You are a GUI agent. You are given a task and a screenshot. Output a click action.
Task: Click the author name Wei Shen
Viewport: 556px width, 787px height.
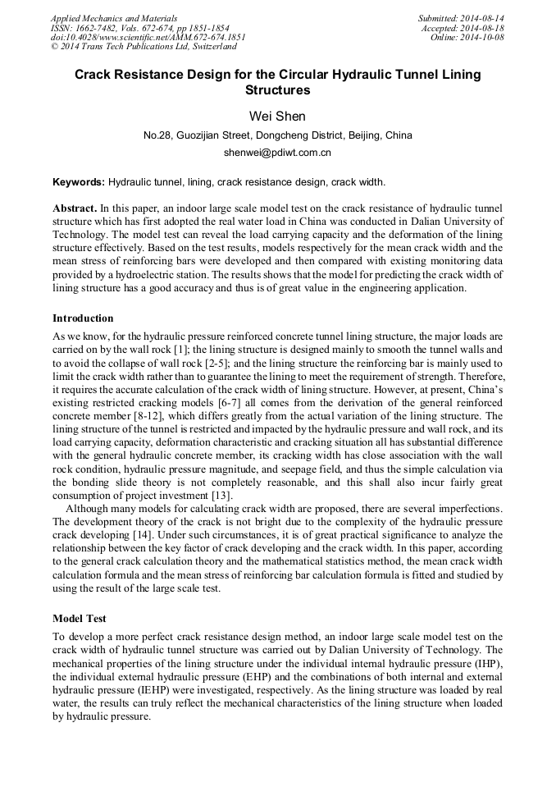point(277,116)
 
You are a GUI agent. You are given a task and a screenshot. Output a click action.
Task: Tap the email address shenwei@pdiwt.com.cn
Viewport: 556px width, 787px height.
point(277,153)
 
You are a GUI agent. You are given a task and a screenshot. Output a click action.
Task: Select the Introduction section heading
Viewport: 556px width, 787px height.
point(83,318)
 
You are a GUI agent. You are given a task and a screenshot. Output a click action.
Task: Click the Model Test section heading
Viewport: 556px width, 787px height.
point(80,618)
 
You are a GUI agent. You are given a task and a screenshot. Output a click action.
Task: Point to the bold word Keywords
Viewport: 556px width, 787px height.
point(79,181)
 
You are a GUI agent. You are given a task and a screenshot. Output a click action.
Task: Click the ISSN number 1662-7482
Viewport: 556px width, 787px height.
point(97,28)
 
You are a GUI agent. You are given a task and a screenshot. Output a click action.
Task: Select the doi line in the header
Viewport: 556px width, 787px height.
point(148,38)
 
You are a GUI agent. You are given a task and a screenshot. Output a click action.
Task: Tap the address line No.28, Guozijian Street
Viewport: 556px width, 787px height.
point(277,135)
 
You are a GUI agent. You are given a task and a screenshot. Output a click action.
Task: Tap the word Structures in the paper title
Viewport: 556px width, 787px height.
point(277,90)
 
